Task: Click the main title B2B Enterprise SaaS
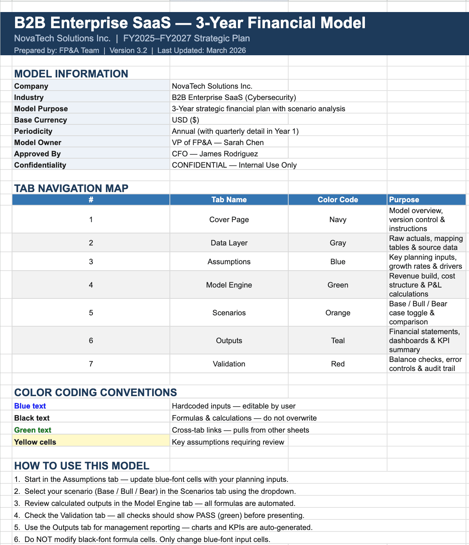click(x=189, y=23)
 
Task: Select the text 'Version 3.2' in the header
click(x=128, y=50)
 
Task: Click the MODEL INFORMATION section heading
click(x=71, y=74)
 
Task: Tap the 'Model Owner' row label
click(x=38, y=142)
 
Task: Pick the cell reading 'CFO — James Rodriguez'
click(x=215, y=154)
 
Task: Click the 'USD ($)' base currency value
click(x=185, y=120)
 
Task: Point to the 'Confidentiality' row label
click(x=40, y=165)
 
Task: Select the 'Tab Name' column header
click(x=229, y=200)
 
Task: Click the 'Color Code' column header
click(x=337, y=200)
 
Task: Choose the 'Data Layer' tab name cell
click(x=229, y=243)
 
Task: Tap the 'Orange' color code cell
click(x=337, y=313)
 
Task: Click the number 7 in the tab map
click(x=91, y=364)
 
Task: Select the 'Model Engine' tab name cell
click(x=229, y=285)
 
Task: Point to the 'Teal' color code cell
click(x=337, y=341)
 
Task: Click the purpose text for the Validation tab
click(x=425, y=364)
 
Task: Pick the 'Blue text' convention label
click(x=30, y=406)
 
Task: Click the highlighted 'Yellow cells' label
click(x=35, y=442)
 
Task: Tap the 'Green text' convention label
click(x=33, y=430)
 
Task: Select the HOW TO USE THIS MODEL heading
click(x=82, y=466)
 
